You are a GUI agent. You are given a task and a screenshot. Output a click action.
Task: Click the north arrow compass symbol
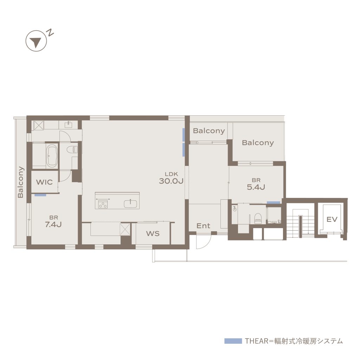pos(36,41)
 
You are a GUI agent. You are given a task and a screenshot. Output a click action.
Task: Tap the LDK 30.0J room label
pos(171,178)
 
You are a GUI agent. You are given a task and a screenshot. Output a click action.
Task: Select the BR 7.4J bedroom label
pos(53,221)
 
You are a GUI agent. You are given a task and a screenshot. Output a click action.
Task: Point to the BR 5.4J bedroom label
pos(256,184)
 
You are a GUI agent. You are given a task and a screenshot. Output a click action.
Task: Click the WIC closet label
pos(44,182)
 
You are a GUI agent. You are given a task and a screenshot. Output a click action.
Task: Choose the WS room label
pos(153,233)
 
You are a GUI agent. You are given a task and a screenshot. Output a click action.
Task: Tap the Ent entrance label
pos(203,226)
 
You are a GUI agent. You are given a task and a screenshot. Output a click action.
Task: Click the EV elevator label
pos(332,219)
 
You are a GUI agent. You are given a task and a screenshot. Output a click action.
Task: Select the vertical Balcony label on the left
pos(21,182)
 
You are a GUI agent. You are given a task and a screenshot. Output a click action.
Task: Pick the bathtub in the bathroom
pos(52,156)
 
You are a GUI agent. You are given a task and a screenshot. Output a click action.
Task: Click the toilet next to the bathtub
pos(71,149)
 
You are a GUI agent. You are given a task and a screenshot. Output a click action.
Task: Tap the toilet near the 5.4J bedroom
pos(258,218)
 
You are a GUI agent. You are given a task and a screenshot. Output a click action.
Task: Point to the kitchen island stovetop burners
pos(103,204)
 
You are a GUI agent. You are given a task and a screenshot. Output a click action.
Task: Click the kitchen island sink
pos(130,204)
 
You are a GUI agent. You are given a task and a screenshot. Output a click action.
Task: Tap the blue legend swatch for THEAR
pos(233,341)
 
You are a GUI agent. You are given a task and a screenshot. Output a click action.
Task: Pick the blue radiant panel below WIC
pos(40,195)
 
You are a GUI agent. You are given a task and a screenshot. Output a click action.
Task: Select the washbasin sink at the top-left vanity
pos(69,125)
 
